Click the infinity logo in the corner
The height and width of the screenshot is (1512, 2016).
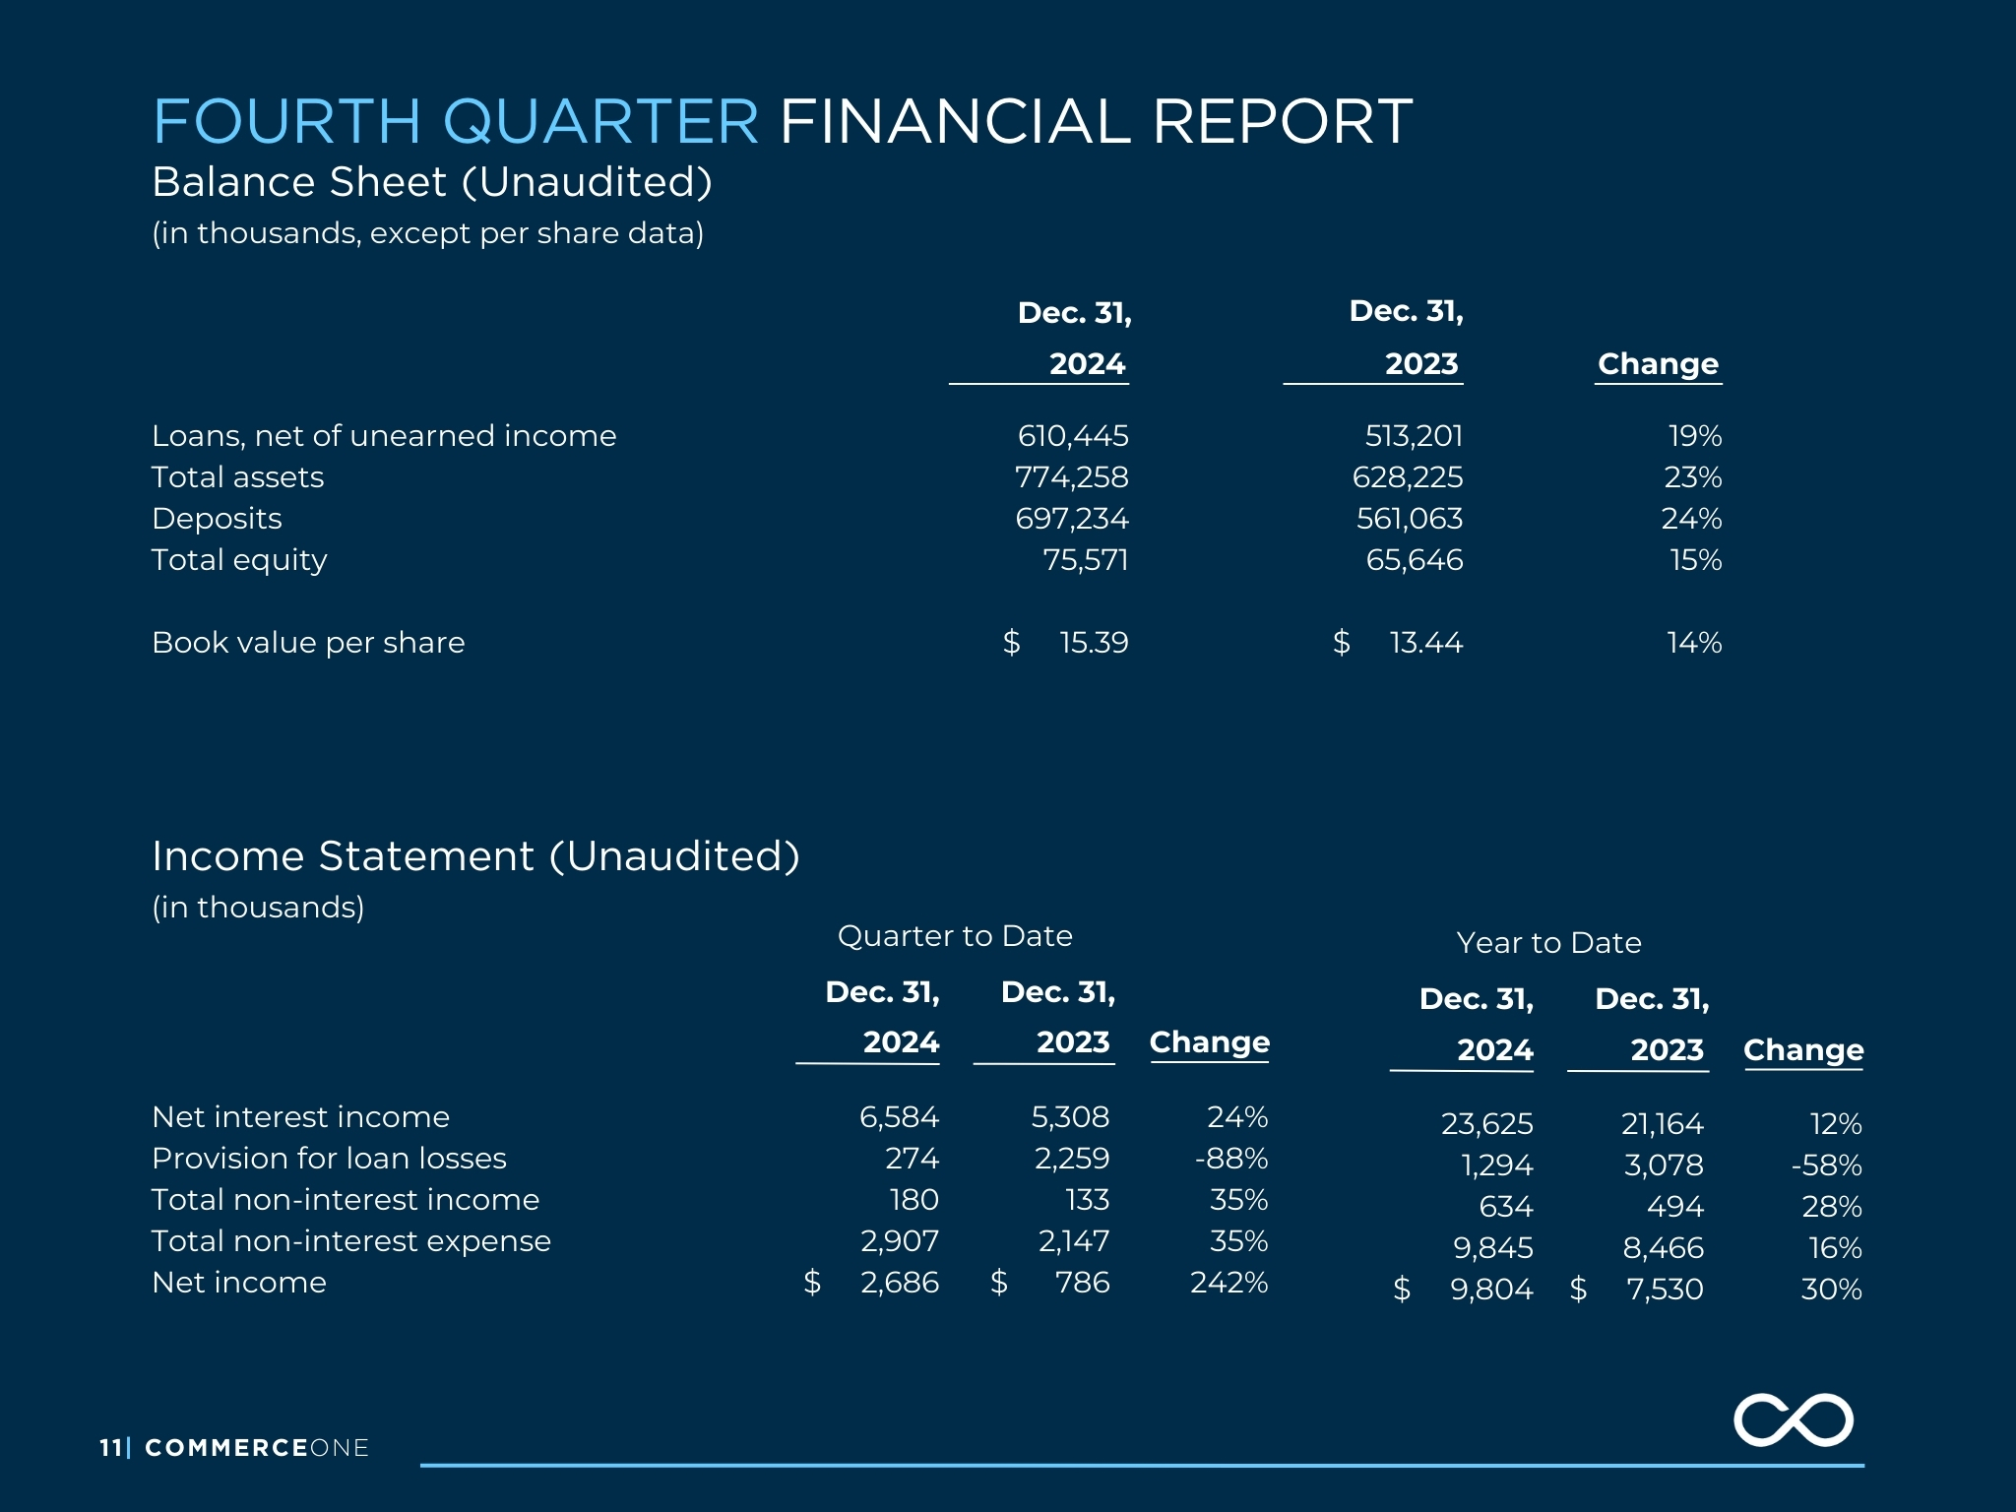(1793, 1420)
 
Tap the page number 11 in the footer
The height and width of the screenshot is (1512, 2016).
(110, 1447)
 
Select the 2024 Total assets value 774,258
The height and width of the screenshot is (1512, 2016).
(1072, 477)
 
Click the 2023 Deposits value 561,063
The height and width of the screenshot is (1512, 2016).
(1410, 519)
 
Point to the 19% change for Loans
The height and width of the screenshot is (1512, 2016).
(1695, 436)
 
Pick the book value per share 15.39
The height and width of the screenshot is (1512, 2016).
(1094, 643)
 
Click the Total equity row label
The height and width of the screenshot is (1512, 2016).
(239, 560)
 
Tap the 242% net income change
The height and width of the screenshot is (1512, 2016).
(1229, 1283)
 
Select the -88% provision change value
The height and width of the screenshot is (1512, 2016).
(1231, 1159)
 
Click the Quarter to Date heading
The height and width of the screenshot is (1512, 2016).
(955, 936)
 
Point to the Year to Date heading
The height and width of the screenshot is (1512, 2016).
(1549, 943)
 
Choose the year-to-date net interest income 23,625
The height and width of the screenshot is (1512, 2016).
(1487, 1124)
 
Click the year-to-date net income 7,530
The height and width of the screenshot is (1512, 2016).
(1665, 1290)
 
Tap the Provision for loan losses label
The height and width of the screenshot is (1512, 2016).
(330, 1159)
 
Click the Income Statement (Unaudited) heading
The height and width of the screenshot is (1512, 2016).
(475, 856)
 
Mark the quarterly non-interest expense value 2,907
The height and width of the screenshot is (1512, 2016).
(900, 1241)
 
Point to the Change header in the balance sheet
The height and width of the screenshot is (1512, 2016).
(1659, 364)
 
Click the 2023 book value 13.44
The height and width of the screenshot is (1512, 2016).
(1426, 643)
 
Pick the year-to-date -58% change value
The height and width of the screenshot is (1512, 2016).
(1827, 1165)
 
